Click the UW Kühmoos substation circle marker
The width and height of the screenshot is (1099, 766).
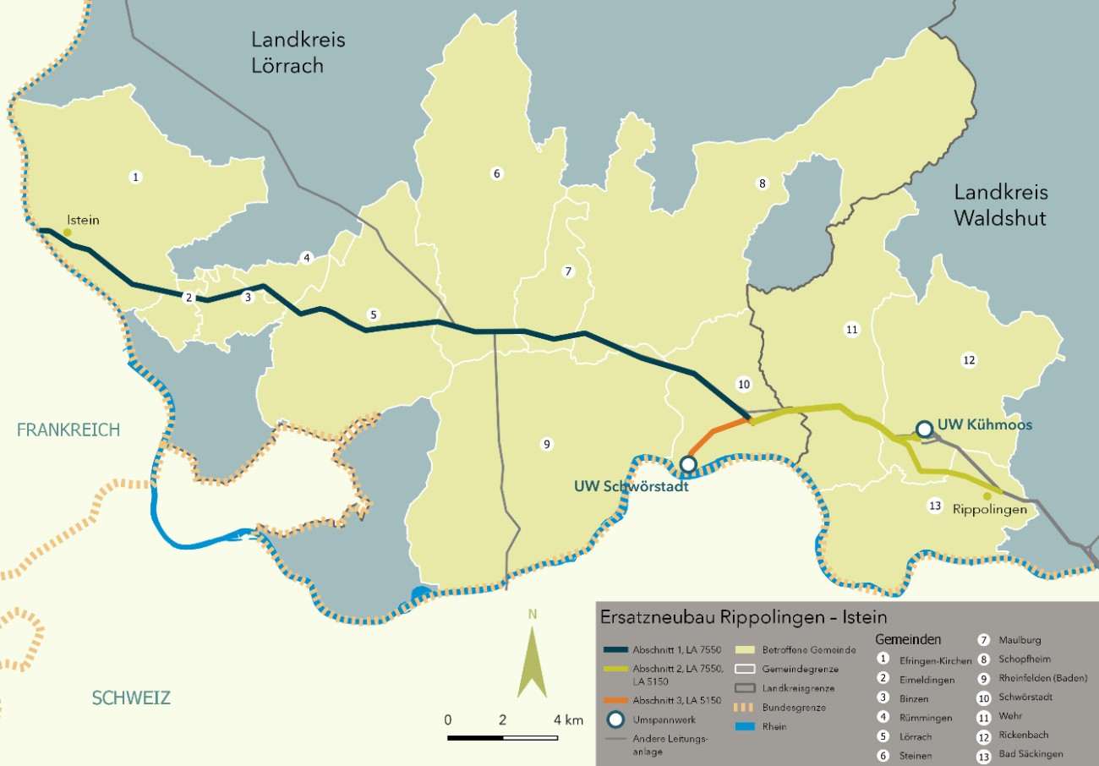click(925, 430)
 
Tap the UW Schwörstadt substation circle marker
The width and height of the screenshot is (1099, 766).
click(688, 464)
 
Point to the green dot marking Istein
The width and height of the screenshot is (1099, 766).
click(68, 233)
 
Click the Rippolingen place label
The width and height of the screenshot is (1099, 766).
click(989, 510)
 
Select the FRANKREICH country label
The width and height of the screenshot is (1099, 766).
click(68, 430)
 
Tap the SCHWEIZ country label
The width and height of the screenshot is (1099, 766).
click(131, 698)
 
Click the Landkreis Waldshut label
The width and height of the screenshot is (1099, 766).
click(1000, 205)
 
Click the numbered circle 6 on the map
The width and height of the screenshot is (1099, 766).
click(497, 174)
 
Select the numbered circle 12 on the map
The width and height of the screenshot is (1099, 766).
click(969, 360)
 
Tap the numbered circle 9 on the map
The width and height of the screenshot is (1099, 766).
click(547, 444)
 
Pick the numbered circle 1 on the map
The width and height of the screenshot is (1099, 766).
click(134, 177)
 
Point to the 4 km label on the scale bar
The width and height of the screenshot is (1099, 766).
click(568, 720)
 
